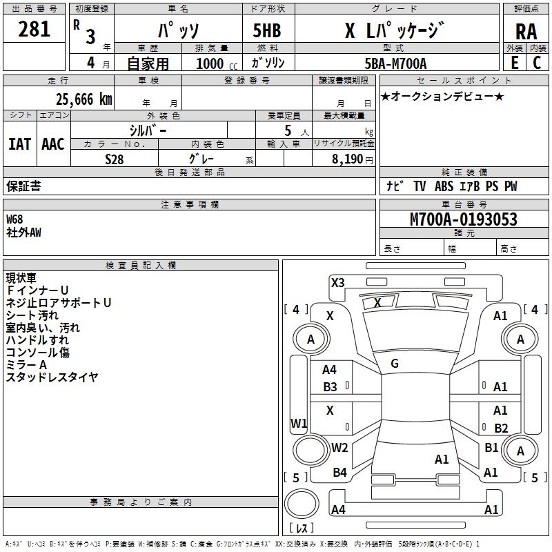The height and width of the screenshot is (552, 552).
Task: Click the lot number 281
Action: coord(34,29)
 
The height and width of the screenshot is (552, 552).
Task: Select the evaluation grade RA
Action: coord(525,31)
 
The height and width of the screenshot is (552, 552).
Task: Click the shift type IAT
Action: coord(19,144)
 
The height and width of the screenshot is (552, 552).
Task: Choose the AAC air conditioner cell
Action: coord(52,144)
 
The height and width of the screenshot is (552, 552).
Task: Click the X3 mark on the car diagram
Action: coord(337,282)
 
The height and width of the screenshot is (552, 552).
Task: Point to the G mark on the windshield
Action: coord(395,363)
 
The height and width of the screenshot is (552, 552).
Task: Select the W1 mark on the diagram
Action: coord(298,423)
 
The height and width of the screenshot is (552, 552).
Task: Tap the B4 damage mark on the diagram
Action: coord(339,473)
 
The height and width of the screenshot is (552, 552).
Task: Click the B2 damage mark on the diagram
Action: coord(501,428)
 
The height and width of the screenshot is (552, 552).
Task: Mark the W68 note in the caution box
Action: coord(14,219)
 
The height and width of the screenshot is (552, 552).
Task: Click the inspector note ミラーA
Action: coord(26,364)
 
